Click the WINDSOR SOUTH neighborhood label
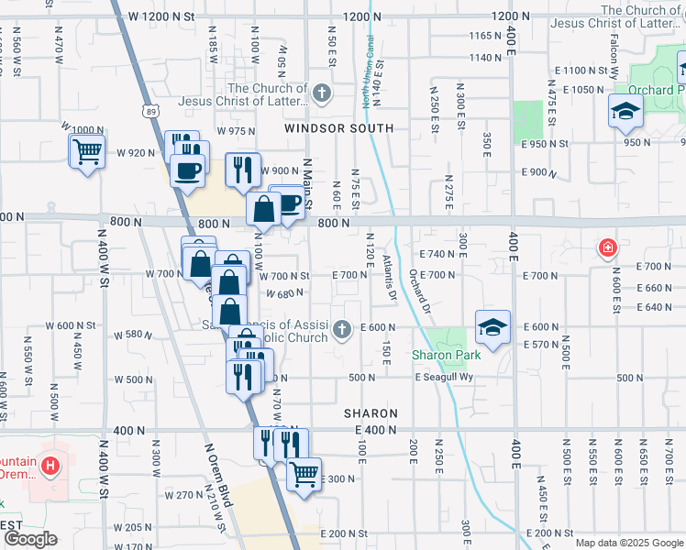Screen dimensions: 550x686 (338, 129)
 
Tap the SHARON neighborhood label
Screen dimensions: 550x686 (371, 414)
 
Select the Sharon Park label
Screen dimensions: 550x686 (443, 355)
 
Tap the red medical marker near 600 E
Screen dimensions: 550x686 (606, 247)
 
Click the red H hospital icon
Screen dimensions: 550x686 (50, 466)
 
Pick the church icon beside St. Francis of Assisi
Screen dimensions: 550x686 (342, 328)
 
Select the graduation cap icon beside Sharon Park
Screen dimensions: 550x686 (492, 328)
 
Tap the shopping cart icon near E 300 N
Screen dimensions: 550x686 (304, 475)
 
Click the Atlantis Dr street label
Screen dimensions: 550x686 (389, 279)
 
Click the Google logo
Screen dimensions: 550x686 (30, 539)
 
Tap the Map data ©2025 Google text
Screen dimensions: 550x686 (629, 543)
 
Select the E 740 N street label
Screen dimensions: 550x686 (437, 254)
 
